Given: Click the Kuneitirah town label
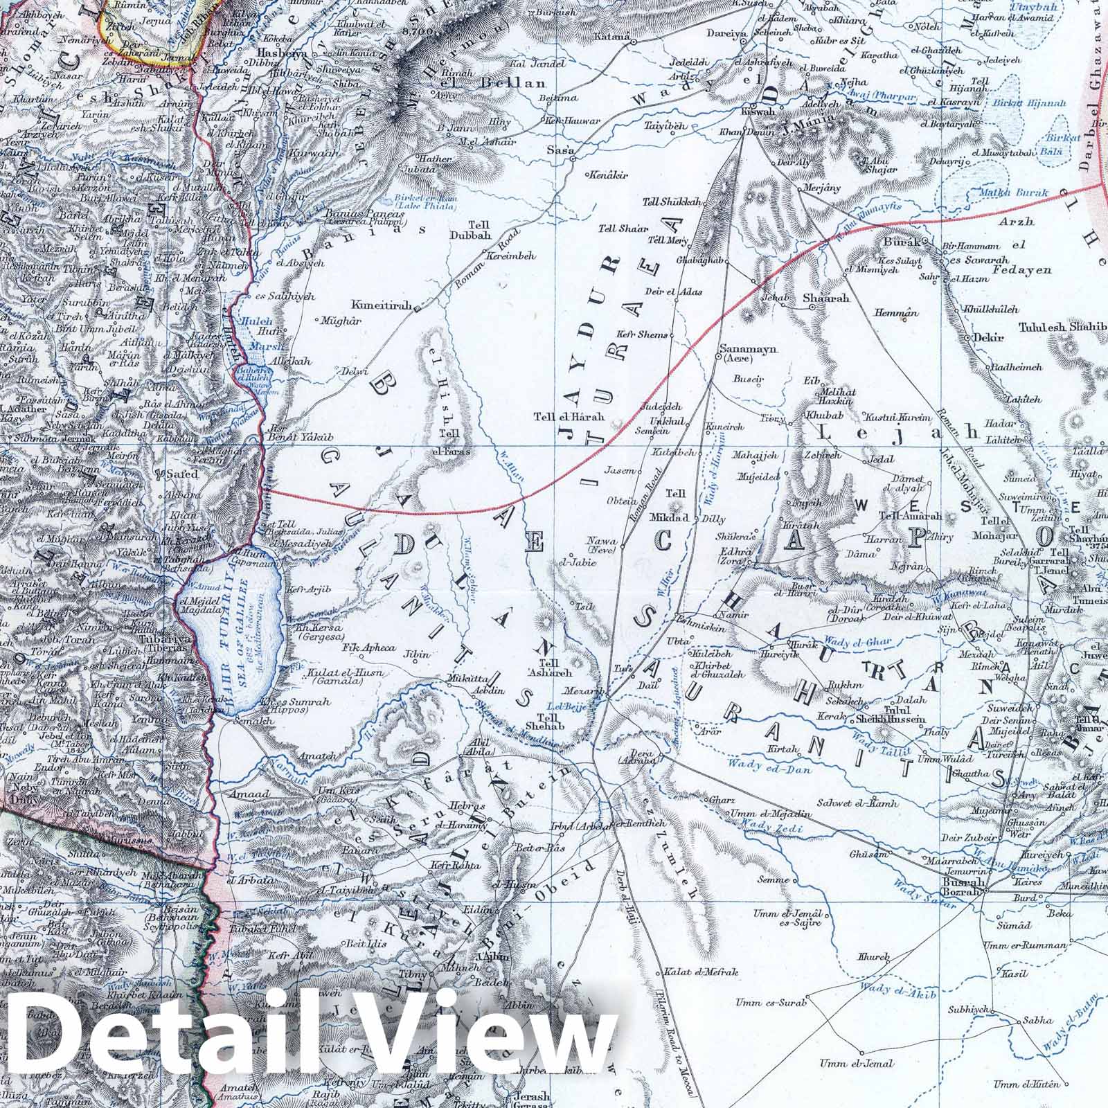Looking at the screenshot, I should pyautogui.click(x=382, y=305).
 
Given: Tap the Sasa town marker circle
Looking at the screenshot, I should pyautogui.click(x=573, y=160).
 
